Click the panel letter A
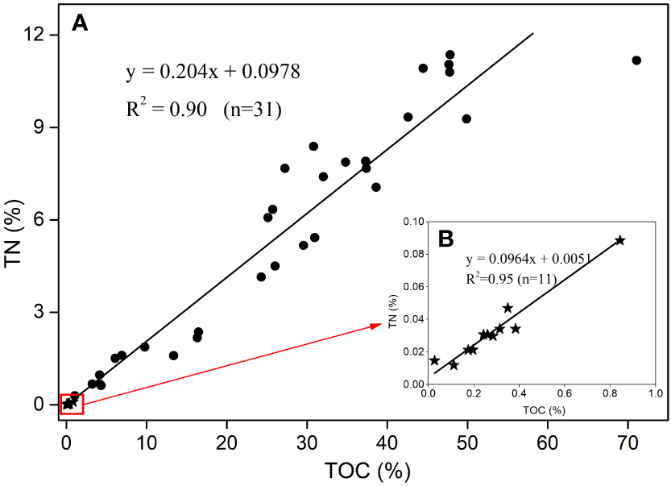pyautogui.click(x=80, y=23)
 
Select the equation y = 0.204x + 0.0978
pyautogui.click(x=213, y=72)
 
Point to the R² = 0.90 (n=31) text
pyautogui.click(x=203, y=109)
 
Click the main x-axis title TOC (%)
pyautogui.click(x=362, y=471)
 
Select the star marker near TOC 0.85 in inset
pyautogui.click(x=619, y=240)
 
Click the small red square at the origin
pyautogui.click(x=71, y=404)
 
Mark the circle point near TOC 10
pyautogui.click(x=145, y=347)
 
